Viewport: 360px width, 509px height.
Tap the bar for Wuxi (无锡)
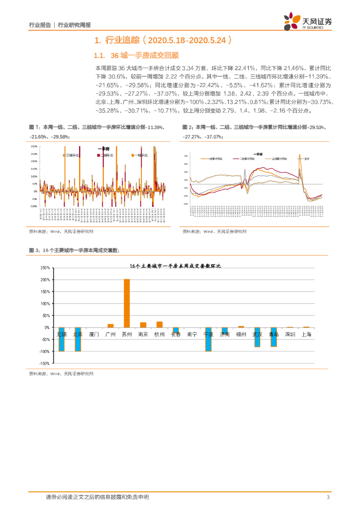pyautogui.click(x=62, y=339)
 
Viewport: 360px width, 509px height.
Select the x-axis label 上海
pyautogui.click(x=306, y=335)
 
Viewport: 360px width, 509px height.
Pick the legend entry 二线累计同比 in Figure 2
pyautogui.click(x=246, y=159)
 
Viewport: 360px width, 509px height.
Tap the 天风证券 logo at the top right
pyautogui.click(x=308, y=21)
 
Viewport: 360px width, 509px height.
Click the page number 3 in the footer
pyautogui.click(x=328, y=498)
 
